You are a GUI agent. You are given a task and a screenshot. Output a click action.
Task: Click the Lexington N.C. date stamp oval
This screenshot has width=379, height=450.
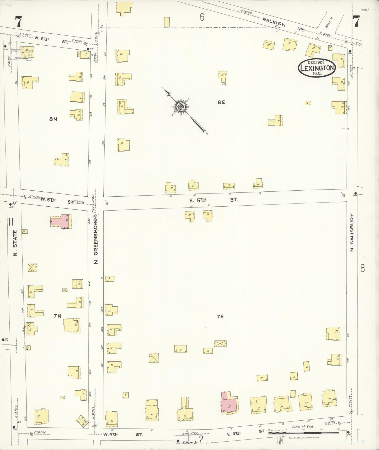(317, 68)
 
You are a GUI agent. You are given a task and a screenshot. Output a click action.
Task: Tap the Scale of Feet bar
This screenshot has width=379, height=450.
(303, 432)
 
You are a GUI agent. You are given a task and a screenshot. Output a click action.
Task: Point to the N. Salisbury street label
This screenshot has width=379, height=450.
(352, 232)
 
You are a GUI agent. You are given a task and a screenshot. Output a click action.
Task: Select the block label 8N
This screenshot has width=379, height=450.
(53, 119)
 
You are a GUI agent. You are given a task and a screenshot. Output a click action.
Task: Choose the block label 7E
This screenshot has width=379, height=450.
(220, 317)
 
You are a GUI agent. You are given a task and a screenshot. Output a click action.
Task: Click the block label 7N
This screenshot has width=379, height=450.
(57, 316)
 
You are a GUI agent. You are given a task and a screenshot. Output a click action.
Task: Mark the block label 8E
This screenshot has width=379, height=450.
(221, 102)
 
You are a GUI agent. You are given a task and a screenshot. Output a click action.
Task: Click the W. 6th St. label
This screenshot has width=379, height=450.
(51, 40)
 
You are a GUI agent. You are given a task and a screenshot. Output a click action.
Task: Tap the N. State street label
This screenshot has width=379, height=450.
(15, 243)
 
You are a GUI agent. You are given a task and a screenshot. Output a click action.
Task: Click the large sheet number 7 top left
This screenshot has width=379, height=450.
(18, 22)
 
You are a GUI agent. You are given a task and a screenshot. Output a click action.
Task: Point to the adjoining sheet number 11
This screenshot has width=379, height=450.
(10, 222)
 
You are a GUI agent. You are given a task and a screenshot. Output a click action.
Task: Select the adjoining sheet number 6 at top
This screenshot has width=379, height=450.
(202, 17)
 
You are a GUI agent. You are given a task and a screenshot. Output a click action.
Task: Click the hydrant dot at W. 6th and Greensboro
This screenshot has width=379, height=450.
(88, 49)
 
